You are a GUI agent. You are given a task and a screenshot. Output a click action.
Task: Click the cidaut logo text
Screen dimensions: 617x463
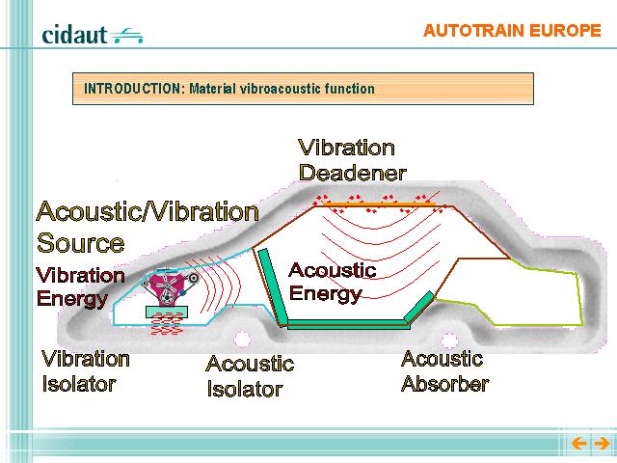coord(74,35)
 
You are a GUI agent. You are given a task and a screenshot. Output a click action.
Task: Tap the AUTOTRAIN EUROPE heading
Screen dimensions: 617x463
coord(512,31)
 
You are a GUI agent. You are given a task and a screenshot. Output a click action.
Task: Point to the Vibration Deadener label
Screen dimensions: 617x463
coord(352,160)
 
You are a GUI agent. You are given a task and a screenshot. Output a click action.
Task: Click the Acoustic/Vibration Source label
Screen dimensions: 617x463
coord(148,227)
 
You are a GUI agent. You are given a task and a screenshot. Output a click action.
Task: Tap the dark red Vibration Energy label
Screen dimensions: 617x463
coord(80,287)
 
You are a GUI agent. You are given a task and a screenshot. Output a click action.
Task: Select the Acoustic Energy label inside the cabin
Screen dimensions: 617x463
coord(332,282)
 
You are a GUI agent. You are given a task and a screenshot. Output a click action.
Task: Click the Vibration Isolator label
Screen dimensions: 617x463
coord(86,371)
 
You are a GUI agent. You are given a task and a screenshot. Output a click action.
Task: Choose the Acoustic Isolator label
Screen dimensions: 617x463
coord(250,376)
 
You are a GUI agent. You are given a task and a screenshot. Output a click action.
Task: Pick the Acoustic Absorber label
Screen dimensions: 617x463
coord(445,371)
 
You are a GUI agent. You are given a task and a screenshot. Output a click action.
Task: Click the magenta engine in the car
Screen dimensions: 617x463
coord(170,286)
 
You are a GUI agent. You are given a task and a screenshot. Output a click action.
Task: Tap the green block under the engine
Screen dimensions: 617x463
coord(167,313)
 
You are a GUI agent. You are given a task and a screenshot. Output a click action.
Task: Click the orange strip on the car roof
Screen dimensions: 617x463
coord(377,204)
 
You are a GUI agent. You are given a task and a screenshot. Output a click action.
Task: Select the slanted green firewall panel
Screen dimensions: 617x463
coord(272,286)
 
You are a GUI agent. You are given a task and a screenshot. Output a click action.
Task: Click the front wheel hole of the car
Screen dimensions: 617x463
coord(242,339)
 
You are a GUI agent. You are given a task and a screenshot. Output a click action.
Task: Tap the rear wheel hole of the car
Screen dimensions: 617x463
coord(449,340)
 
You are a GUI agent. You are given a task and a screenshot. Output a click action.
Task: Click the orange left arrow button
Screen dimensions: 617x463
coord(578,444)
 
